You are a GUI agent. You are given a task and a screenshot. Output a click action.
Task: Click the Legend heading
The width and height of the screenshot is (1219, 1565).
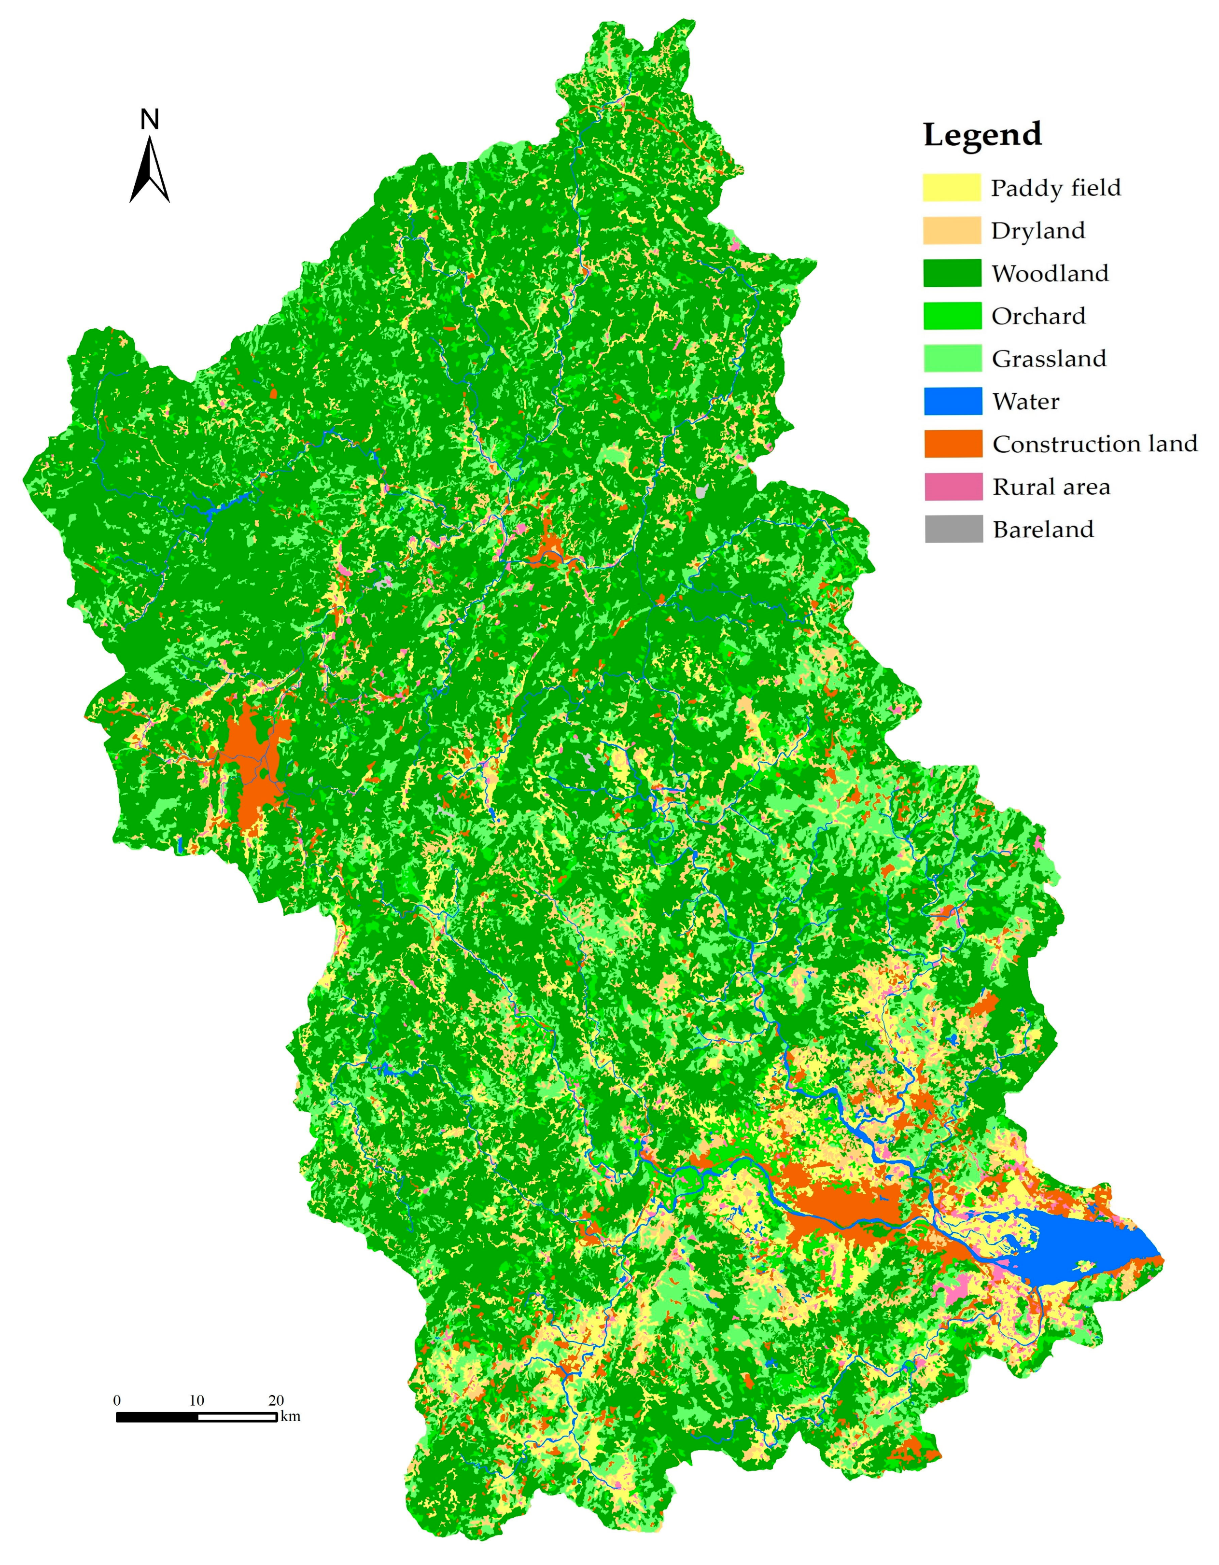click(x=982, y=135)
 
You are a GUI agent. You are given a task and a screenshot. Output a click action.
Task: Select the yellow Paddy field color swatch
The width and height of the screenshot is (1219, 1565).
click(x=951, y=188)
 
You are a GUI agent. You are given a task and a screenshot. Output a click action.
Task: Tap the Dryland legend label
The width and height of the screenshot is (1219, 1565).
click(x=1037, y=231)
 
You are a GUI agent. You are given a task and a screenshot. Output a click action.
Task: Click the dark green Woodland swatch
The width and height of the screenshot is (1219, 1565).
click(x=952, y=273)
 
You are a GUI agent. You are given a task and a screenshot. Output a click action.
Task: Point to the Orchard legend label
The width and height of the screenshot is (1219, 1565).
click(x=1038, y=316)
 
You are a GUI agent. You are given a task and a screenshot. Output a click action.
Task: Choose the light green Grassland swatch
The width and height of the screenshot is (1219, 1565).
click(x=953, y=358)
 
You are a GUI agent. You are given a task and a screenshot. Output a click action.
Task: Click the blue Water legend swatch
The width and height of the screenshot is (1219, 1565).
click(x=953, y=401)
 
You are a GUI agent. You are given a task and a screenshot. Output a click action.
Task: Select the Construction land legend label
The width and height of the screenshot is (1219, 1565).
click(x=1095, y=444)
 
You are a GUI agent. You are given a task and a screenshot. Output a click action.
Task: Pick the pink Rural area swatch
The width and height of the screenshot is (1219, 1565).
click(x=953, y=487)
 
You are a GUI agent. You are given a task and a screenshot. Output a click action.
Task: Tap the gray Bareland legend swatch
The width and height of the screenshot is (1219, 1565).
click(x=953, y=530)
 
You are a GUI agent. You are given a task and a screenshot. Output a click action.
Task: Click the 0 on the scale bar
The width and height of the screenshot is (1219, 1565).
click(x=117, y=1400)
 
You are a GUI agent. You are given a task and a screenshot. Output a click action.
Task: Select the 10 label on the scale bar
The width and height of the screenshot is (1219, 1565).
click(x=196, y=1400)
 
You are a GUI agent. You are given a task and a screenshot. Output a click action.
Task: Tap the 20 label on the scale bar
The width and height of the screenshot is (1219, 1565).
click(x=276, y=1400)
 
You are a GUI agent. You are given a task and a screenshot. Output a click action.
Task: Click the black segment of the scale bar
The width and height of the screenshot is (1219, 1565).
click(x=157, y=1417)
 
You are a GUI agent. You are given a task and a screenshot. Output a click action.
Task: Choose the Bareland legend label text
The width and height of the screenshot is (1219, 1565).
click(x=1043, y=530)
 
